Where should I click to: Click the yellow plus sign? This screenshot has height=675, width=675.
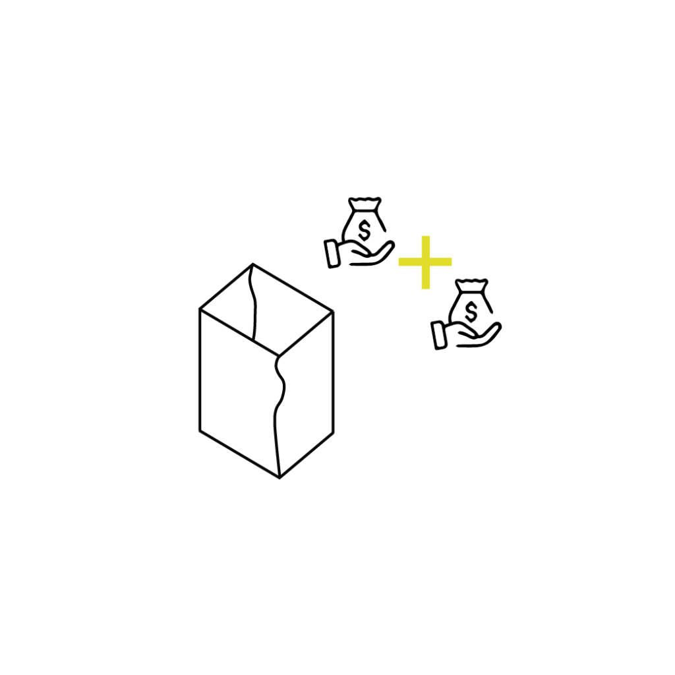425,262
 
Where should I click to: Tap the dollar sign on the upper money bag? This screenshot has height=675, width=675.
363,230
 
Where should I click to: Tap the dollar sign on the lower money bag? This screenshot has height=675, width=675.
470,312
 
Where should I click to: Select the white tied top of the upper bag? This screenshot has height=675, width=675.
365,203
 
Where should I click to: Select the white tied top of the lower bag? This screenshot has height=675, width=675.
472,285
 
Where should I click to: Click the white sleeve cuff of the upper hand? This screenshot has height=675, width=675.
333,254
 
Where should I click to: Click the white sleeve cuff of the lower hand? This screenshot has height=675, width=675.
440,335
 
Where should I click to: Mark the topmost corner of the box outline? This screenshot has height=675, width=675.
252,264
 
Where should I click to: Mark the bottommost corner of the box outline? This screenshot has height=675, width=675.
279,478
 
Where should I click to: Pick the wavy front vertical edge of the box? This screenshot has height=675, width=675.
278,409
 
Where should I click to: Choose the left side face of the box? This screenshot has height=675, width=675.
237,389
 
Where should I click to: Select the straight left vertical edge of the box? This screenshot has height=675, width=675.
199,369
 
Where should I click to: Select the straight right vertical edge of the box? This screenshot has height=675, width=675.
333,372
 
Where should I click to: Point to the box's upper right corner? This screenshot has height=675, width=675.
333,310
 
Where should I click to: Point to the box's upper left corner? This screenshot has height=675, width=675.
199,308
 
